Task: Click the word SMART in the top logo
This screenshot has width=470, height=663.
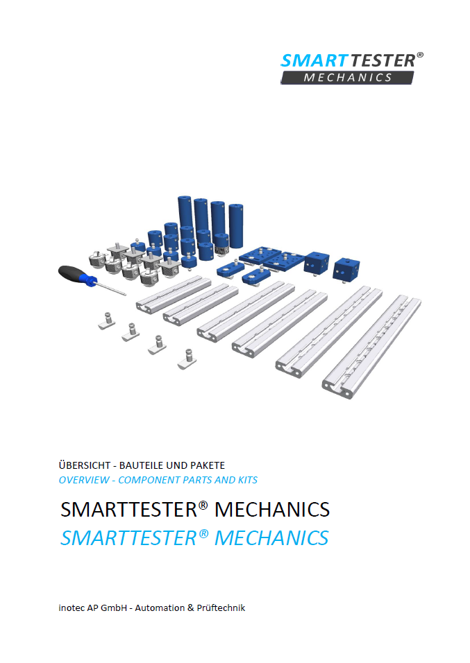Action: coord(314,61)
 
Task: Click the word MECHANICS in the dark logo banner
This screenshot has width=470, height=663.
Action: coord(348,78)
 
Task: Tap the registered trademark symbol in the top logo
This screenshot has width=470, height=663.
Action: coord(419,55)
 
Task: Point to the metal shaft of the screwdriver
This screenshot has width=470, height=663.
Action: coord(111,288)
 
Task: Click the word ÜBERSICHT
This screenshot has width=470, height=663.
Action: coord(85,465)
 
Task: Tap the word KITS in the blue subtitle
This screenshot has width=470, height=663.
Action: coord(248,481)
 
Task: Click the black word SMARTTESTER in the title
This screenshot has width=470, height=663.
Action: coord(129,510)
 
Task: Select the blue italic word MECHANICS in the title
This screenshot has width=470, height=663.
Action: coord(271,538)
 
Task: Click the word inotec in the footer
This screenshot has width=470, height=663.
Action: coord(72,608)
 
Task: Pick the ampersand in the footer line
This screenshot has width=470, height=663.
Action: coord(190,608)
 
